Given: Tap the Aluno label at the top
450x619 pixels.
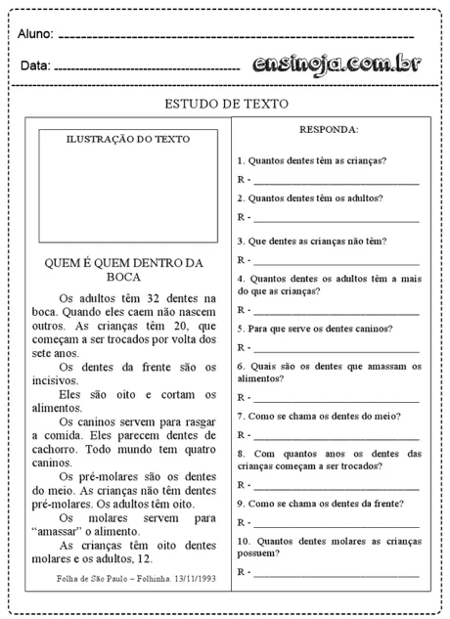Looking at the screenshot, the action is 35,34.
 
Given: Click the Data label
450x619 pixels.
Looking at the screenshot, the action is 34,66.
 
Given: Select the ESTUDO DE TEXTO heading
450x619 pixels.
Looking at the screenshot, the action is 225,104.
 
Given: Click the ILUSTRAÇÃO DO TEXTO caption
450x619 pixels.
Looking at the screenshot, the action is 127,139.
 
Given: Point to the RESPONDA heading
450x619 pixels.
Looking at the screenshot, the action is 328,129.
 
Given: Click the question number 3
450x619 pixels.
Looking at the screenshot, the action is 241,241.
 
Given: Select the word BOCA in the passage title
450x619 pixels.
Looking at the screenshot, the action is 123,277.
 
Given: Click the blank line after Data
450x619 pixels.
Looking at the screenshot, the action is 147,68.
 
